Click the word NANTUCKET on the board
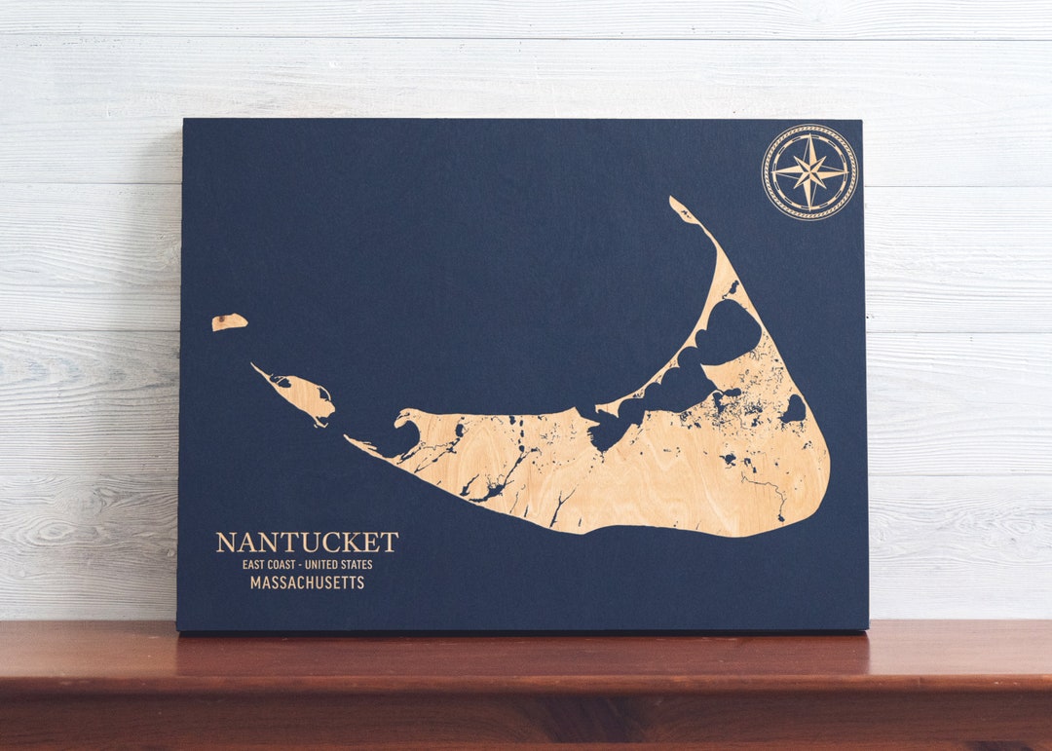click(x=307, y=543)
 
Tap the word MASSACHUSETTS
click(x=307, y=582)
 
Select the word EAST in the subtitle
click(x=255, y=564)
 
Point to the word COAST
click(x=285, y=564)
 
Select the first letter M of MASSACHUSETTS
click(x=256, y=582)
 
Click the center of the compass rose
click(x=809, y=172)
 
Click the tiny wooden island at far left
click(x=229, y=321)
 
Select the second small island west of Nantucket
click(x=304, y=394)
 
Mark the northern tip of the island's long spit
click(x=675, y=202)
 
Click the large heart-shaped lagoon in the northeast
click(x=729, y=331)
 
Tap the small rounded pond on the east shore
click(x=794, y=409)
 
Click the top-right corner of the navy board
click(x=861, y=122)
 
